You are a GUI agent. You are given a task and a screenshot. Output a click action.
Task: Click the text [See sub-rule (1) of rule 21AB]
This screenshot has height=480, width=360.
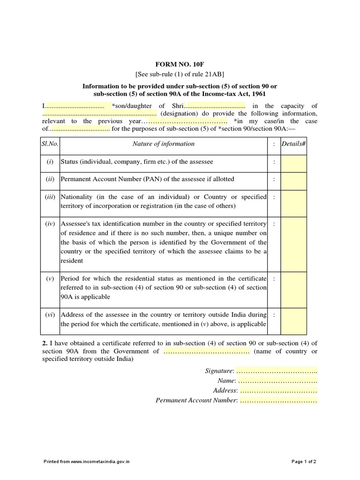(x=180, y=74)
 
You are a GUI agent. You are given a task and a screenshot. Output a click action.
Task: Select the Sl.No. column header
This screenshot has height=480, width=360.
(x=50, y=144)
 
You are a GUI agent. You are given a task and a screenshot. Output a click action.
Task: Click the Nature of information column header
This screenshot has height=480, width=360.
(x=163, y=144)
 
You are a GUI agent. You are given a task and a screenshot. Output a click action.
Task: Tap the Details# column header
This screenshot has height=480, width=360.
(x=293, y=144)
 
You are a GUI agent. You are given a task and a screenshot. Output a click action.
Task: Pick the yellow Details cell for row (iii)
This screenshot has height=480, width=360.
(x=293, y=202)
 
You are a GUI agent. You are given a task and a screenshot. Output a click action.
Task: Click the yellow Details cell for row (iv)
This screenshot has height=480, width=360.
(x=293, y=242)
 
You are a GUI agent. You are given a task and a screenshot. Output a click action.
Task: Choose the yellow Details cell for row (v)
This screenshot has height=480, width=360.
(x=293, y=288)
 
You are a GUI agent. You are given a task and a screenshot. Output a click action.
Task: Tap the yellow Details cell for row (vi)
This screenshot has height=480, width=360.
(x=293, y=320)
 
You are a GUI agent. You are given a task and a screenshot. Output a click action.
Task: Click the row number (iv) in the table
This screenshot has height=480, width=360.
(x=50, y=225)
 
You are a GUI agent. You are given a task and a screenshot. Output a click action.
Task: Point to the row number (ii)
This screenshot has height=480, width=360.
(x=50, y=180)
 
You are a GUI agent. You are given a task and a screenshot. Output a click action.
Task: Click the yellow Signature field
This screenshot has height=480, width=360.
(x=276, y=371)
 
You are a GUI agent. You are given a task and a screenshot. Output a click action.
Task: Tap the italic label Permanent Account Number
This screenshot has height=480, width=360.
(x=196, y=401)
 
